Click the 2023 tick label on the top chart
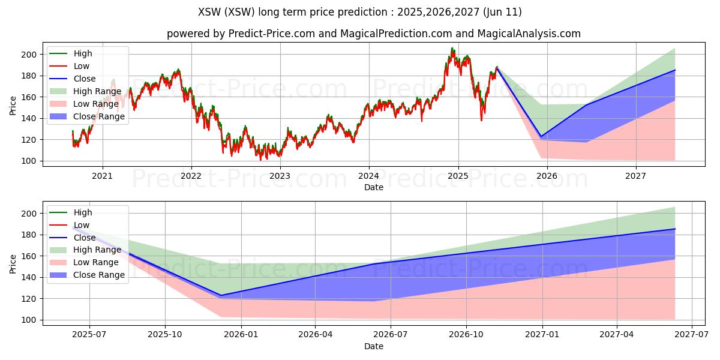tap(280, 176)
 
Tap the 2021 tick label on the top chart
tap(102, 176)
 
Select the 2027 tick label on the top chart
tap(635, 176)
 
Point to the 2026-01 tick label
tap(241, 335)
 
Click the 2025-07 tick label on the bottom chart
tap(89, 335)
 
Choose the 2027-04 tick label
tap(617, 335)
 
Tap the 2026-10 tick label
tap(466, 335)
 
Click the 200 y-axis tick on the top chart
tap(29, 55)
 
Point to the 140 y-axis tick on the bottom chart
tap(29, 277)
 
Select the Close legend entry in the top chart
tap(85, 79)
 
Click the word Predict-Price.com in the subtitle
tap(272, 34)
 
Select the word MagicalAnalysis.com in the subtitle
tap(529, 34)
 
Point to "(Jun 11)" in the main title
tap(502, 12)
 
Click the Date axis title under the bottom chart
tap(373, 346)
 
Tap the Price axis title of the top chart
tap(13, 106)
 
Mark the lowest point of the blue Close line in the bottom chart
tap(221, 295)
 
